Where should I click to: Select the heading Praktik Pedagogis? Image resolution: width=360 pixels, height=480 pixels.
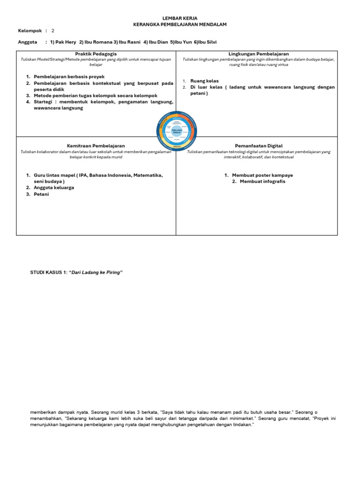[96, 54]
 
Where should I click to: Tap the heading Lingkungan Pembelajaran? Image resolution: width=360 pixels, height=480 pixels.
[259, 54]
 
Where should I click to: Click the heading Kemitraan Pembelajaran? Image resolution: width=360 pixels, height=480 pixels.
[96, 146]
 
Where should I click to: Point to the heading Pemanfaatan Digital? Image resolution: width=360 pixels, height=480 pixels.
[259, 146]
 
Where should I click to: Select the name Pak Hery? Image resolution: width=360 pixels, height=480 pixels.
[66, 42]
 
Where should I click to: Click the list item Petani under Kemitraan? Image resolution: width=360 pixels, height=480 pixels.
[41, 194]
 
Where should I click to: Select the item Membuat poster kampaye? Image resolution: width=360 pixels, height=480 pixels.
[262, 175]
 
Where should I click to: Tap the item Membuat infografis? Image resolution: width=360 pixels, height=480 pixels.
[262, 181]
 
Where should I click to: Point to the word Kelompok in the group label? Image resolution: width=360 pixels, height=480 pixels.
[30, 30]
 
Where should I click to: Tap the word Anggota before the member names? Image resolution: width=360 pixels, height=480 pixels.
[27, 42]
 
